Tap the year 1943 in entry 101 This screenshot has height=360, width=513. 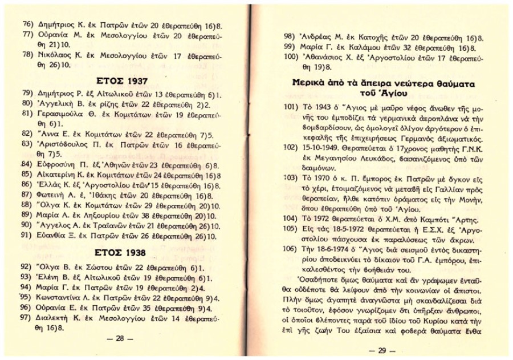coord(322,111)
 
